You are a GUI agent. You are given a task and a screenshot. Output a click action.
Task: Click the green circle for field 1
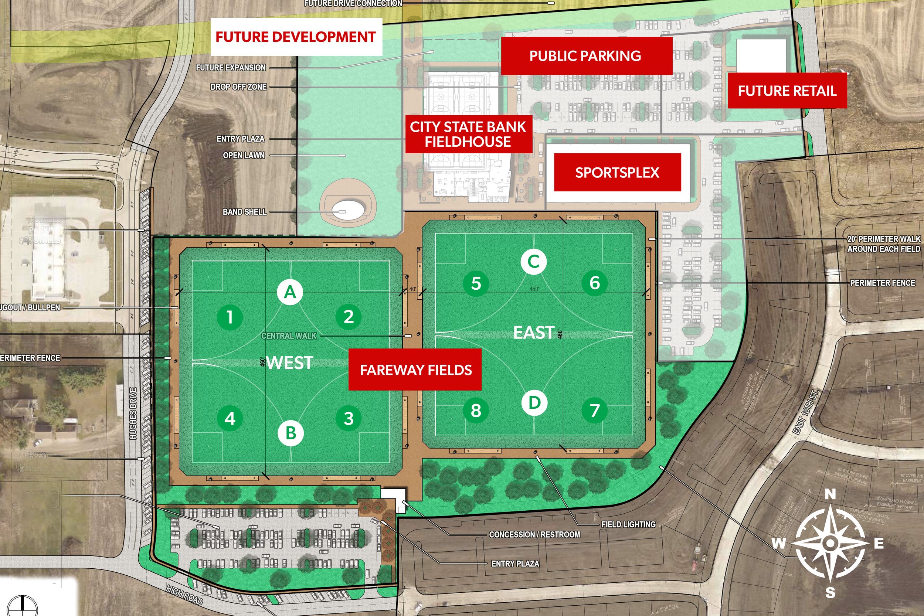click(230, 317)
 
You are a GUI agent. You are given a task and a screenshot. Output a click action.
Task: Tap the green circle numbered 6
click(594, 283)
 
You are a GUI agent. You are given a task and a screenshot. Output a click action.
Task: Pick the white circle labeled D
click(534, 403)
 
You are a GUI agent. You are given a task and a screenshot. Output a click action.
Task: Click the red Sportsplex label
click(617, 173)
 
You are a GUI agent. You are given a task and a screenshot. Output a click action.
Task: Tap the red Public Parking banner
click(585, 56)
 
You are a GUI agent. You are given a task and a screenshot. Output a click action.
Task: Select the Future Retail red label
click(787, 91)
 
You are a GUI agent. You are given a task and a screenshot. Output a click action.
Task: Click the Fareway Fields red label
click(416, 370)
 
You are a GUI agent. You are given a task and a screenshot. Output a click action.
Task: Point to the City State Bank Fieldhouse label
click(468, 134)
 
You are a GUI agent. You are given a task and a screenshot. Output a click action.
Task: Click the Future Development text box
click(295, 37)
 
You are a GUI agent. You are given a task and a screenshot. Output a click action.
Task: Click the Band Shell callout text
click(244, 212)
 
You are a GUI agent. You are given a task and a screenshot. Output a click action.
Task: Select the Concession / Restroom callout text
click(534, 534)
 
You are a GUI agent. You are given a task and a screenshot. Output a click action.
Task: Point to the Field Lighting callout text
click(628, 524)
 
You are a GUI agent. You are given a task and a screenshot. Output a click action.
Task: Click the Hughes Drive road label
click(133, 413)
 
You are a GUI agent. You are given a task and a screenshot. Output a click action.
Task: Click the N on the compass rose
click(830, 494)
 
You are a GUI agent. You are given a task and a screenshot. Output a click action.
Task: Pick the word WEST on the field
click(289, 363)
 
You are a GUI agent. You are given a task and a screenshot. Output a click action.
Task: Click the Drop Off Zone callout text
click(238, 87)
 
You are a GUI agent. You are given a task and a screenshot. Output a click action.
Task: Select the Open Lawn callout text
click(244, 155)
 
